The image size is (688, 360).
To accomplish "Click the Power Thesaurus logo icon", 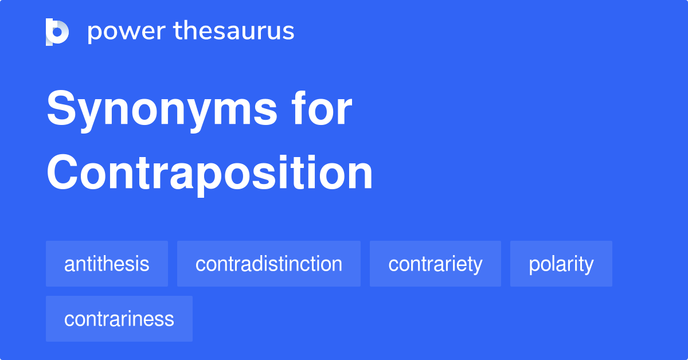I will [57, 32].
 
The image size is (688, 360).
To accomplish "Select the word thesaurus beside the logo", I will [234, 32].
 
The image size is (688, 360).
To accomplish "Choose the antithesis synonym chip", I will [107, 264].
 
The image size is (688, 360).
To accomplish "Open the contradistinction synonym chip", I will [268, 264].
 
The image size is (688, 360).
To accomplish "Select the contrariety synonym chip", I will [435, 264].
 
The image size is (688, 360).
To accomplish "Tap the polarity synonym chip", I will [561, 264].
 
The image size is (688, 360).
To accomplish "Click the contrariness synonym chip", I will [119, 319].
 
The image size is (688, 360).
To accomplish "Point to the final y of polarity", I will [588, 266].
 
